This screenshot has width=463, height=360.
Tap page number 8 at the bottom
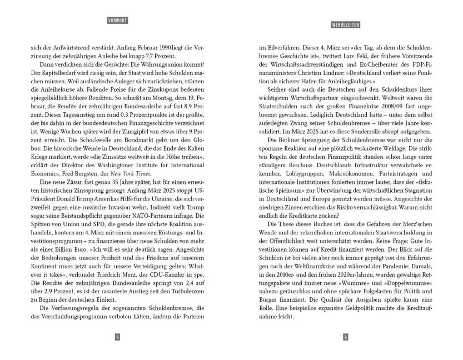pos(117,337)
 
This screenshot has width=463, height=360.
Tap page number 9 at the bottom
pos(346,337)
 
